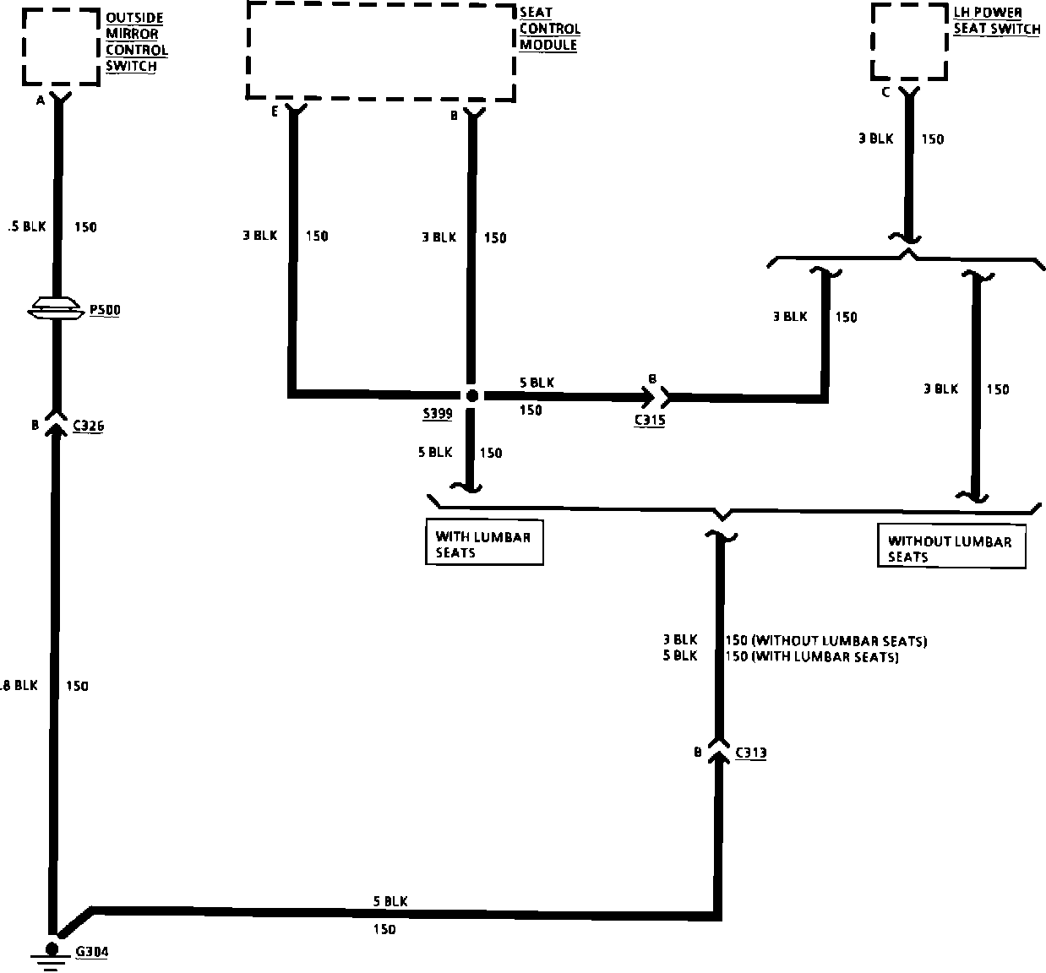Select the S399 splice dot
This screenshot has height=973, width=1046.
point(472,395)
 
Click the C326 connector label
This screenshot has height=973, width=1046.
point(88,427)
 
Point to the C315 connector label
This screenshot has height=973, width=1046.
point(650,420)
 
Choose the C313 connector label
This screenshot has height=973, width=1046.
point(751,753)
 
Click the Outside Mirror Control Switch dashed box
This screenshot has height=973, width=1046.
point(60,46)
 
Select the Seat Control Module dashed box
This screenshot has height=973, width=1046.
point(380,51)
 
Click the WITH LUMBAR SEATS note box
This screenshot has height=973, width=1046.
point(483,544)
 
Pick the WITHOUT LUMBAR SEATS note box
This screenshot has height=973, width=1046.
point(951,549)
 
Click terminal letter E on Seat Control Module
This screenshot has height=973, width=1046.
point(275,111)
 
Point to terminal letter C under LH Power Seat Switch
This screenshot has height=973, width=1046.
point(885,92)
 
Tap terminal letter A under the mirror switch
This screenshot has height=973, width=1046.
point(40,101)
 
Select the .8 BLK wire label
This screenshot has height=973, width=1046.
point(19,686)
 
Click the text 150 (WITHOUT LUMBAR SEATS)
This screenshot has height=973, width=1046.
point(825,641)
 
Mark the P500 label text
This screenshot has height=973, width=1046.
point(105,310)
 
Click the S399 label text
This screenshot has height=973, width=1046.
point(437,414)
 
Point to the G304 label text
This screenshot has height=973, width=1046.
point(92,952)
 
